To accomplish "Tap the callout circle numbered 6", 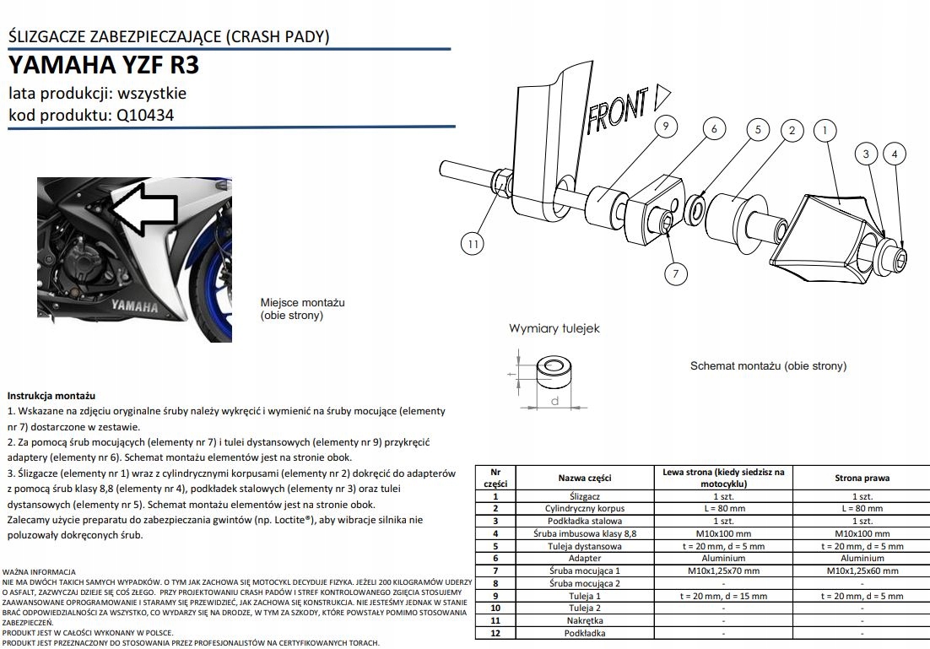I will point(714,129).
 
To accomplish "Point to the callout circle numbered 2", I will point(792,130).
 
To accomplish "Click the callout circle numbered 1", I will point(825,130).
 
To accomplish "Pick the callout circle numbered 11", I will point(474,245).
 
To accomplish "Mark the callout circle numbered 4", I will point(894,154).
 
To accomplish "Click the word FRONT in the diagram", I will point(619,109).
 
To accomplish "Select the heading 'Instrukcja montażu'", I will point(51,395).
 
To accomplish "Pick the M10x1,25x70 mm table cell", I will point(726,571).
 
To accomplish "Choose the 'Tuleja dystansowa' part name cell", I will point(585,545).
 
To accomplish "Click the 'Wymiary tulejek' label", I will point(554,328).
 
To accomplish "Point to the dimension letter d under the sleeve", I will point(554,402).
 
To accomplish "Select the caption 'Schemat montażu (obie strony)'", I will point(768,366).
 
